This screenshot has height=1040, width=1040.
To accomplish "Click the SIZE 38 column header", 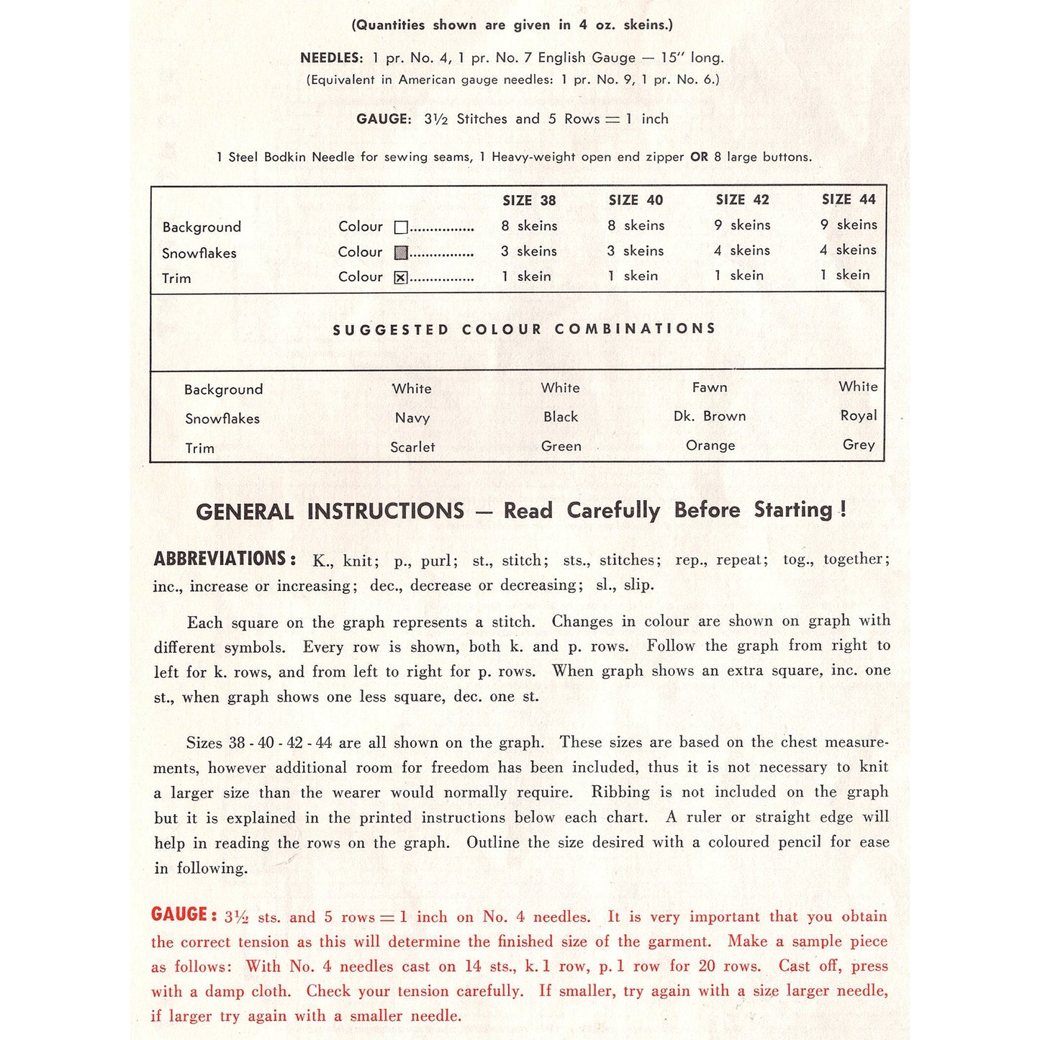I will tap(529, 201).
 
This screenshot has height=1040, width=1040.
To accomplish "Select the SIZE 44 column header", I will tap(849, 199).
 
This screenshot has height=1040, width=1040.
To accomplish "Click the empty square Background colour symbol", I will tap(401, 227).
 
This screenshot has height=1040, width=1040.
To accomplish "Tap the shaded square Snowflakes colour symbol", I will tap(401, 253).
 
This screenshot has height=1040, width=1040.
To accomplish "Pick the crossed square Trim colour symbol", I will tap(401, 278).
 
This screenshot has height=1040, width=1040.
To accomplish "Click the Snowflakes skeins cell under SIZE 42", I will tap(742, 250).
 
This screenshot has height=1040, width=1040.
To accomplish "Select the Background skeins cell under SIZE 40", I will tap(636, 225).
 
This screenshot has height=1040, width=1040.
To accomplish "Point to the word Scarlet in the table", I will tap(412, 447).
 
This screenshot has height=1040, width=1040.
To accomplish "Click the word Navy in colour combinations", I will tap(412, 418).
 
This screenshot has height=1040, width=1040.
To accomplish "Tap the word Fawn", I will tap(710, 387).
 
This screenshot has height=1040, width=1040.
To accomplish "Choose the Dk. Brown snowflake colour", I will tap(710, 416).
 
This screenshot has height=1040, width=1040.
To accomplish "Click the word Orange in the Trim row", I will tap(710, 446).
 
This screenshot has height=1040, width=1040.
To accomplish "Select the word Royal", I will tap(859, 415).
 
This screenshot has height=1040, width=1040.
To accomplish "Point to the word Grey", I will tap(859, 445).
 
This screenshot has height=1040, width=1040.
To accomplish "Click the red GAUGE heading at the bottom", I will tap(184, 915).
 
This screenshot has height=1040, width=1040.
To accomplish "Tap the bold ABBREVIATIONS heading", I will tap(225, 559).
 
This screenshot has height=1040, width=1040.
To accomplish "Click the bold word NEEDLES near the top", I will tap(332, 58).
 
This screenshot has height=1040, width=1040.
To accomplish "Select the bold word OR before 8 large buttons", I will tap(699, 157).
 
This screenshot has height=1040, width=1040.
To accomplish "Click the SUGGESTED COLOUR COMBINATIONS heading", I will tap(524, 329).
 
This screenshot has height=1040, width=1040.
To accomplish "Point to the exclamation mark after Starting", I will tap(843, 510).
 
